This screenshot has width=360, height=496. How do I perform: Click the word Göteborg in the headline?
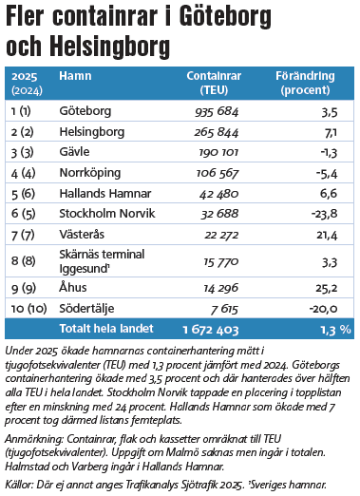click(x=225, y=17)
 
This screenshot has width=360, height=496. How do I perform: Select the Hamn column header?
click(x=75, y=76)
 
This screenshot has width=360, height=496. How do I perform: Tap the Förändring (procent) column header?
click(x=305, y=83)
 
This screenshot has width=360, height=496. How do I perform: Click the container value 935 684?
click(x=217, y=112)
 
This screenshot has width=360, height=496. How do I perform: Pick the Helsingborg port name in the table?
click(x=92, y=132)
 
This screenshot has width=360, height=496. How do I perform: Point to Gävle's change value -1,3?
click(x=329, y=153)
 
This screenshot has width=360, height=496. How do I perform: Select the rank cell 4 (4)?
click(x=23, y=173)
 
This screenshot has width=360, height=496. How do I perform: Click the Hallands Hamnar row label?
click(x=105, y=194)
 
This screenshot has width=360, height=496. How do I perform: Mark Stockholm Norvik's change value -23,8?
click(x=325, y=214)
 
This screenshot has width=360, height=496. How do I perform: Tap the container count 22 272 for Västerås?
click(x=221, y=235)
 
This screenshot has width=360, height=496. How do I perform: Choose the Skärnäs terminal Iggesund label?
click(x=102, y=261)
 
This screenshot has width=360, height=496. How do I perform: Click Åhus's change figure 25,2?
click(x=327, y=288)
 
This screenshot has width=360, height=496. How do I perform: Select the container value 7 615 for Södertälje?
click(x=224, y=309)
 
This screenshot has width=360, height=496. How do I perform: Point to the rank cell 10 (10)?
click(x=28, y=309)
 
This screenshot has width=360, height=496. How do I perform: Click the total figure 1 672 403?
click(x=211, y=330)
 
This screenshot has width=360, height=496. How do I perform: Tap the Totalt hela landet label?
click(x=106, y=329)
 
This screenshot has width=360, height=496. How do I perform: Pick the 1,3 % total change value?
click(x=336, y=330)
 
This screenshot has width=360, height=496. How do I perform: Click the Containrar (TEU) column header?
click(x=214, y=83)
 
